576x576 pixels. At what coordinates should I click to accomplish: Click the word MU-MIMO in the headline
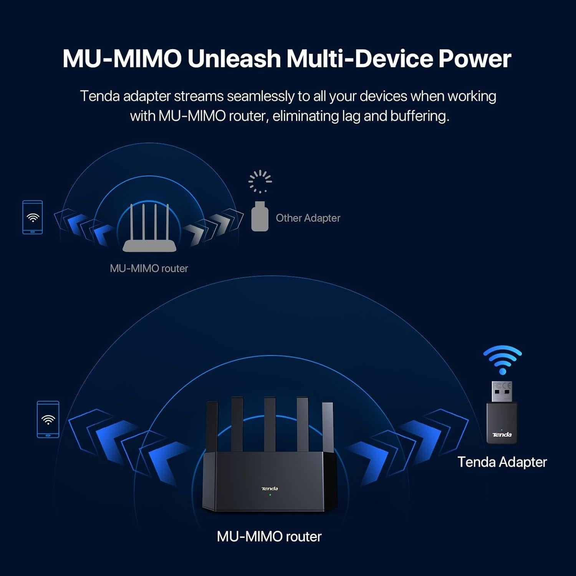point(122,59)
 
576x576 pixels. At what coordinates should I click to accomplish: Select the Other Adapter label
point(308,218)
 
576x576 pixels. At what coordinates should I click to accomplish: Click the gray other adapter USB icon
point(260,216)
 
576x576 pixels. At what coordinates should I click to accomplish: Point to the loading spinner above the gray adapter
point(260,182)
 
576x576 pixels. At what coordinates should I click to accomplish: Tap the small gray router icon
point(149,228)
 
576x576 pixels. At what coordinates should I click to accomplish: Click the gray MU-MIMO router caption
point(149,268)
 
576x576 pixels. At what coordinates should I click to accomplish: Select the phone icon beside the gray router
point(33,217)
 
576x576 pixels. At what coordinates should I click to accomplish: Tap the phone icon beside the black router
point(48,419)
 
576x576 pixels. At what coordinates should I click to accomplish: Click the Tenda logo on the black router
point(270,488)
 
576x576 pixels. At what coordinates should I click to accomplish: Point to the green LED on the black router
point(270,495)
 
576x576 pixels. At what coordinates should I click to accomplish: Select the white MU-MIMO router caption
point(269,536)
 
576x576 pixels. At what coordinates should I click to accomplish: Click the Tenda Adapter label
point(502,462)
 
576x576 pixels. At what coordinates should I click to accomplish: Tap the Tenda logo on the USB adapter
point(502,435)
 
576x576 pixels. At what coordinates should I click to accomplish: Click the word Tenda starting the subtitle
point(100,96)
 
